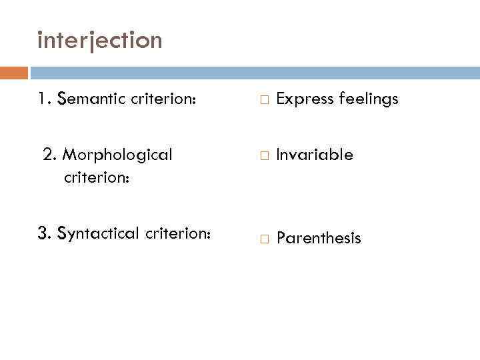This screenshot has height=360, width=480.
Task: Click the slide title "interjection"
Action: pos(100,41)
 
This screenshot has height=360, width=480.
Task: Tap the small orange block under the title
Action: pos(14,73)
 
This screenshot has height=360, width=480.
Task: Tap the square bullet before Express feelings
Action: pos(264,100)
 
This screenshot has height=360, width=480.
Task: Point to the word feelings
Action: pos(369,100)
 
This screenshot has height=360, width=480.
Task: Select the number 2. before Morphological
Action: pos(49,155)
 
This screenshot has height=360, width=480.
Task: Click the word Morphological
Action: pos(117,155)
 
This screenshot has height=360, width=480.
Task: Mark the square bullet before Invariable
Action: pos(264,156)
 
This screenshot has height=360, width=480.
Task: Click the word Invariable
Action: pos(315,155)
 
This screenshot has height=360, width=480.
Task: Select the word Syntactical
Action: pos(99,234)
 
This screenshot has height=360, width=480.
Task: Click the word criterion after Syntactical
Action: pos(178,233)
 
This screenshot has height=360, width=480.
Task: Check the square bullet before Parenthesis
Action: pos(264,239)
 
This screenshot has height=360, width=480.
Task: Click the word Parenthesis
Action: pos(319,238)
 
